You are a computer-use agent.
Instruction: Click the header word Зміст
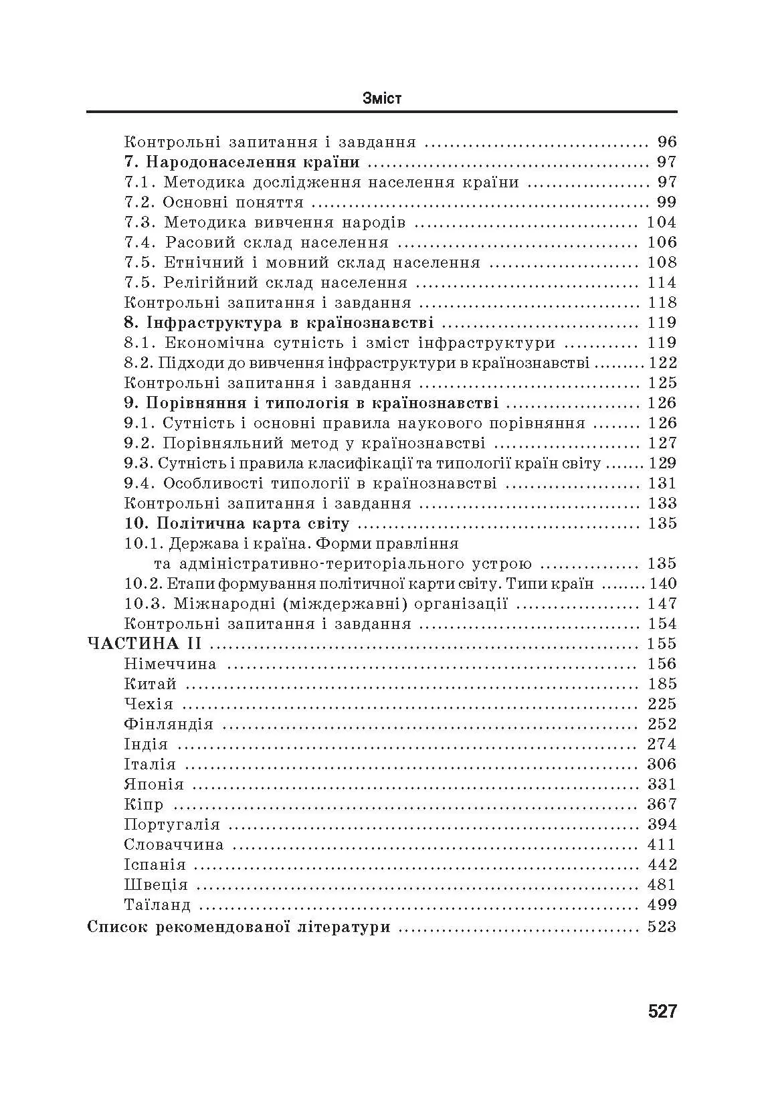(381, 98)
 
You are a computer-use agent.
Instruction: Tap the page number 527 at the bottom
(662, 1011)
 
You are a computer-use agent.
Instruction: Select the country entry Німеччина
(170, 664)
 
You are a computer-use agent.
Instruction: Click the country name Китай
(151, 684)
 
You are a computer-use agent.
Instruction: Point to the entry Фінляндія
(169, 724)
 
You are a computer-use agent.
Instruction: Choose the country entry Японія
(154, 784)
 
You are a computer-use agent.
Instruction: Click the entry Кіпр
(144, 804)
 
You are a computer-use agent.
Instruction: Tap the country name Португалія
(172, 824)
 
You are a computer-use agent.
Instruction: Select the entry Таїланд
(157, 905)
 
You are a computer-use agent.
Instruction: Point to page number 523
(662, 927)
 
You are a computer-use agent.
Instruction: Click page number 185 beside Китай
(662, 684)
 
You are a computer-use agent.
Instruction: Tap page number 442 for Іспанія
(662, 864)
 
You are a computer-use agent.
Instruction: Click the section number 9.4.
(140, 483)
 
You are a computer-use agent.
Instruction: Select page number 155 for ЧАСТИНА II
(662, 644)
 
